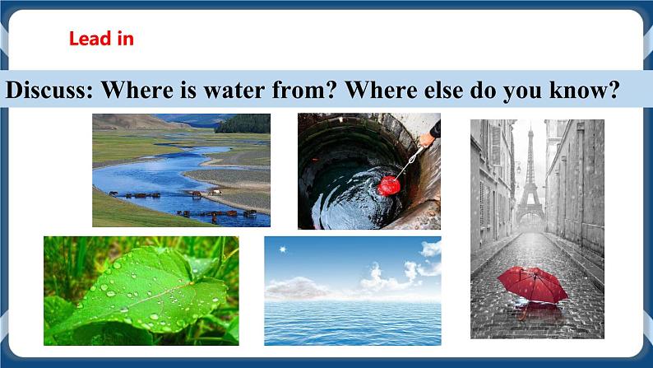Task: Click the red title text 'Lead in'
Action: coord(101,38)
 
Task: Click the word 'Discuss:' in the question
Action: coord(49,91)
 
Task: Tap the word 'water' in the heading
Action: coord(216,91)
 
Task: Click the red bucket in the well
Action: coord(388,185)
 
